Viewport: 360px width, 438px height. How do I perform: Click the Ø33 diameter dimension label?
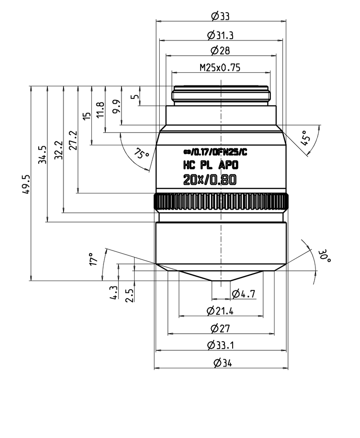pos(220,16)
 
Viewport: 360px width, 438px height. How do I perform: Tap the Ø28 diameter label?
pos(220,50)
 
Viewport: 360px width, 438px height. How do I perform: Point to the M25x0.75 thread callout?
pos(220,68)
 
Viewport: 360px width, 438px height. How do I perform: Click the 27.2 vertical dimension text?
pos(73,140)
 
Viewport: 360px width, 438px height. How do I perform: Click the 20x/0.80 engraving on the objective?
pos(210,180)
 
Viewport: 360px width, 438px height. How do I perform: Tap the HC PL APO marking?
pos(210,165)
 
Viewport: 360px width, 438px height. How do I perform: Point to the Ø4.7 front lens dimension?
pos(243,294)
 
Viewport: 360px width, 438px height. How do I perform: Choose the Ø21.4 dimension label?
pos(220,311)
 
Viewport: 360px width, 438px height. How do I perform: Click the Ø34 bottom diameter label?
pos(220,362)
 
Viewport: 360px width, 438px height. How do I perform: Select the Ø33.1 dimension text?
pos(220,345)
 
